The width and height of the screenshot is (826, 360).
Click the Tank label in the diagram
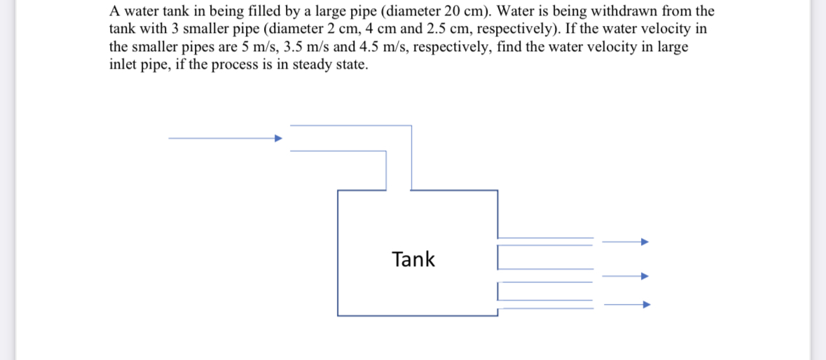413,260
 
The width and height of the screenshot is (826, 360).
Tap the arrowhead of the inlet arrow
278,138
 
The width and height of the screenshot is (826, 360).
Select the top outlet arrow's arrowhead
645,242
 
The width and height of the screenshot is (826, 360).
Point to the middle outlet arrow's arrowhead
645,276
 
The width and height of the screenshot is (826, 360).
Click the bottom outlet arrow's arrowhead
647,305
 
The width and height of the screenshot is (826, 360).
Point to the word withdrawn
628,12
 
